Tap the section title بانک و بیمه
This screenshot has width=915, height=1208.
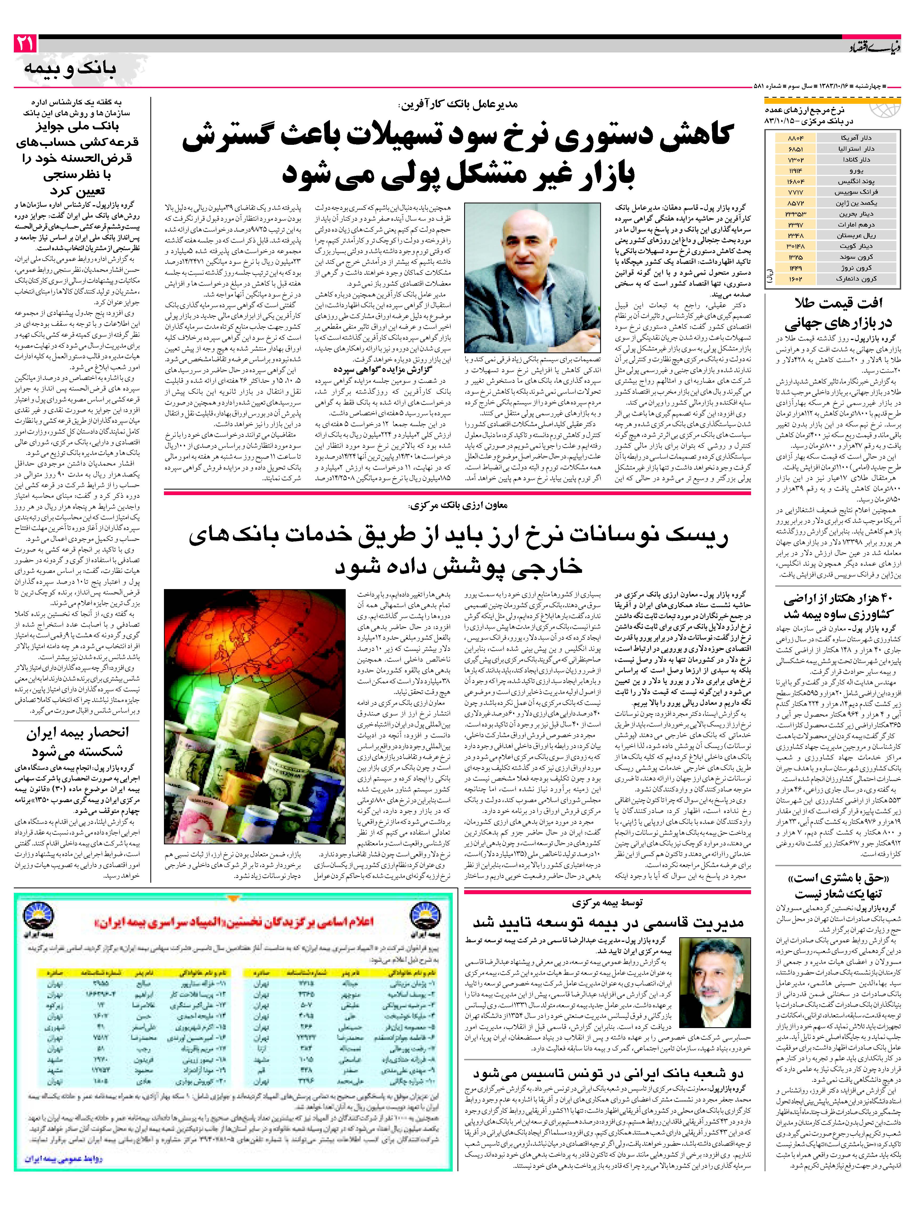tap(71, 69)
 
